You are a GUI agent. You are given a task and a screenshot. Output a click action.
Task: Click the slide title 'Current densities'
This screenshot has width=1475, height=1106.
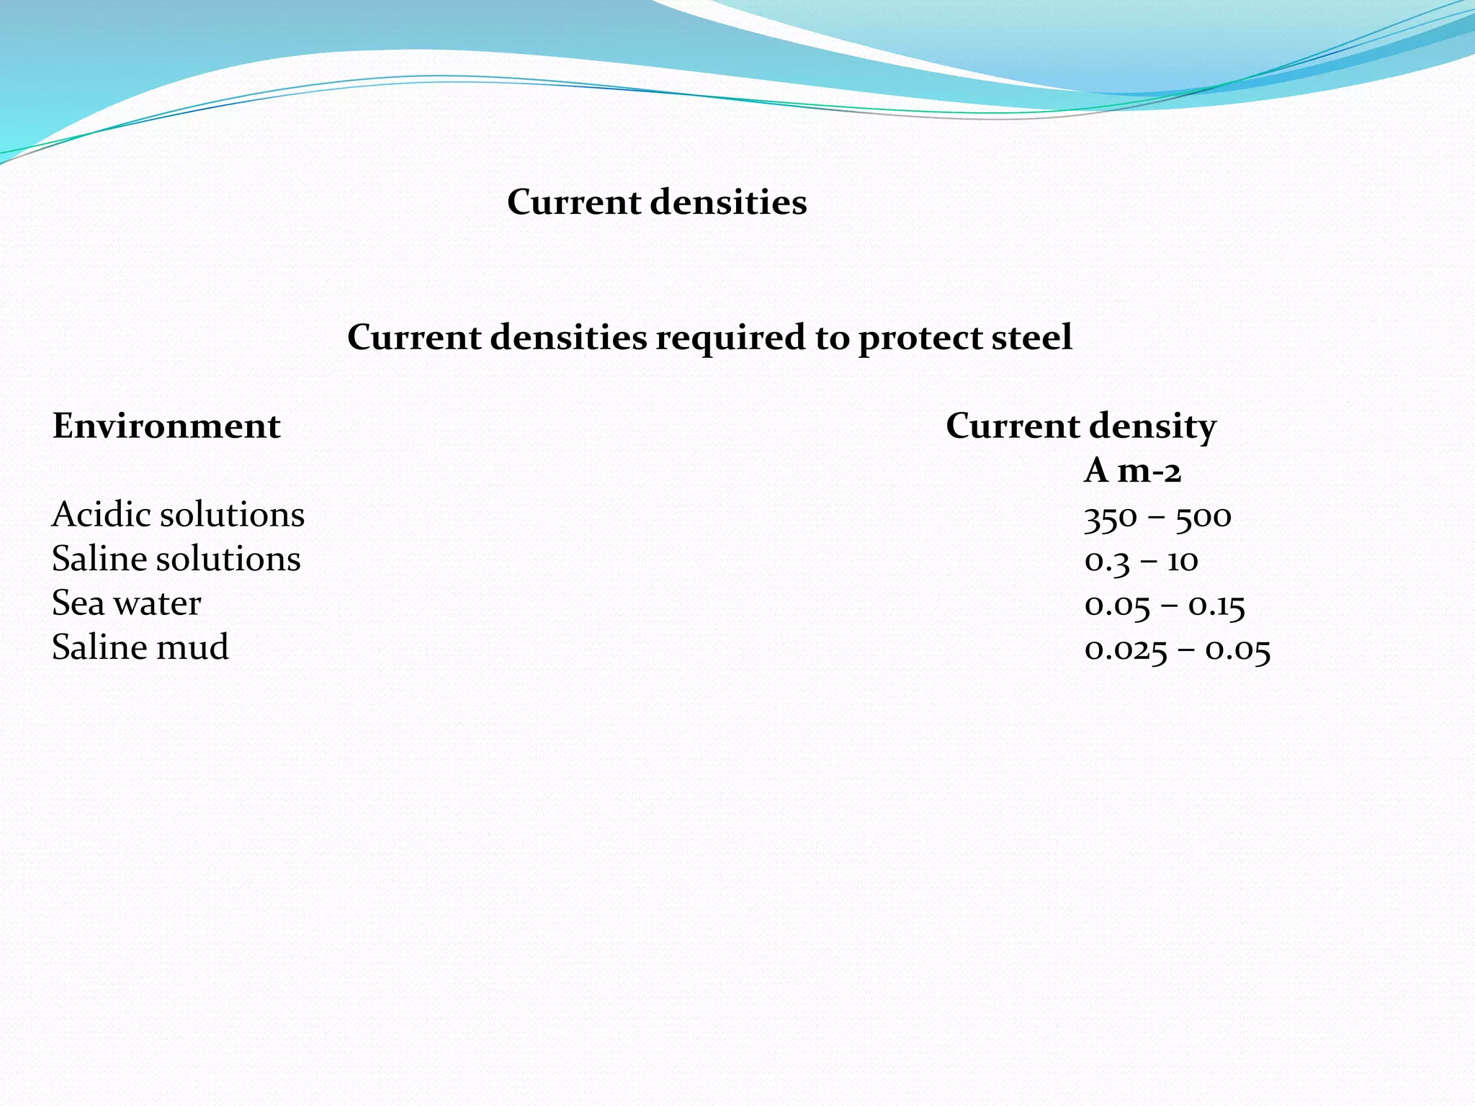(657, 202)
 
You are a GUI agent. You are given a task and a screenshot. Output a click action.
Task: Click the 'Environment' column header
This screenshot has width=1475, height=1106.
(166, 426)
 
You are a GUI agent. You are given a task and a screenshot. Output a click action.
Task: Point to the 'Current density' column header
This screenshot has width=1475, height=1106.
(1080, 426)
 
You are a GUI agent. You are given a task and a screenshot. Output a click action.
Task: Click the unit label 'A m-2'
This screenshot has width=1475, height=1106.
(1132, 471)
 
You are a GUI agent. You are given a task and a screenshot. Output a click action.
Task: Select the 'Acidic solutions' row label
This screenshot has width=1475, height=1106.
(178, 515)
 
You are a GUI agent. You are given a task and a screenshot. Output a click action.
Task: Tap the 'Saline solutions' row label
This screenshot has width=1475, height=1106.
(176, 559)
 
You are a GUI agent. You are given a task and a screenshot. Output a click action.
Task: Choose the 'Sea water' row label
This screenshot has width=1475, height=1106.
(126, 603)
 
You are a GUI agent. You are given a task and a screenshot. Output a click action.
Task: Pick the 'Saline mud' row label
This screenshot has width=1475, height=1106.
(140, 647)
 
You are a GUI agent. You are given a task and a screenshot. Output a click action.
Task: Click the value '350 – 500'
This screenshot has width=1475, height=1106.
(1157, 517)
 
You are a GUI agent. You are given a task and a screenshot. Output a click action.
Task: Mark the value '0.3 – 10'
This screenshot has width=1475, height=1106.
(1141, 561)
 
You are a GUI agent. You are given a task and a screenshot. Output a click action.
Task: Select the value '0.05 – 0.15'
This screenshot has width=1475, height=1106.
(1165, 606)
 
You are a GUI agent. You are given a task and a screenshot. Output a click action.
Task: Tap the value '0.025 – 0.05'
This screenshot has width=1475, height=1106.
(1177, 650)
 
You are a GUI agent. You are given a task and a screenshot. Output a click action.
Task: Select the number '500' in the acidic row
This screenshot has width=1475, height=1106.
(1203, 517)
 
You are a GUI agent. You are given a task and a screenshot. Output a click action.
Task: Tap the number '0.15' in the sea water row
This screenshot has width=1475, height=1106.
(1216, 606)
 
